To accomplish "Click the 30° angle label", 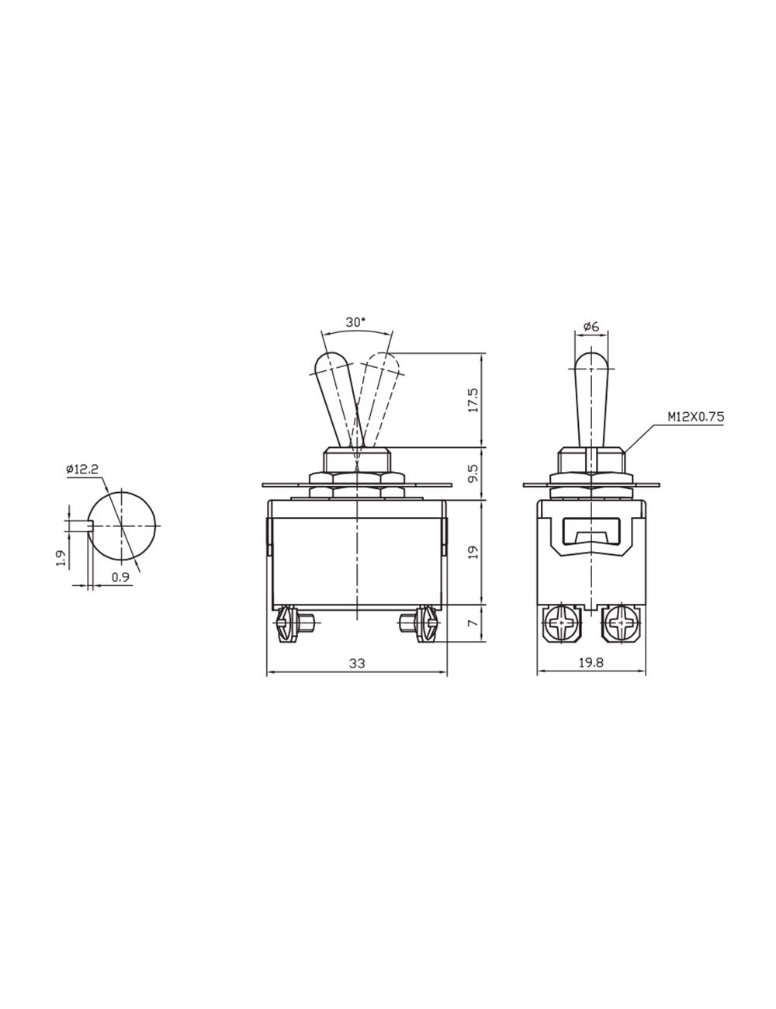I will click(x=356, y=322).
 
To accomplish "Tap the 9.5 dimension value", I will click(x=474, y=473).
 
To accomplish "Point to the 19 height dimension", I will click(x=474, y=552).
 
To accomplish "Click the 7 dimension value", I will click(x=474, y=622).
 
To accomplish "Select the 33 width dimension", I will click(x=356, y=664).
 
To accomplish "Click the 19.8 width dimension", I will click(x=591, y=664).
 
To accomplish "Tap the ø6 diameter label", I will click(x=591, y=327).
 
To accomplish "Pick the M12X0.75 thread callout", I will click(x=695, y=417).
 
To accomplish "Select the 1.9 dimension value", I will click(x=61, y=557).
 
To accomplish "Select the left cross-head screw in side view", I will click(x=562, y=622).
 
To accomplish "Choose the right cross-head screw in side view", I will click(x=622, y=622).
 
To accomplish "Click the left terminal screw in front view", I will click(x=286, y=624).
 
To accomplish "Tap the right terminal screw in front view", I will click(x=426, y=624).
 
